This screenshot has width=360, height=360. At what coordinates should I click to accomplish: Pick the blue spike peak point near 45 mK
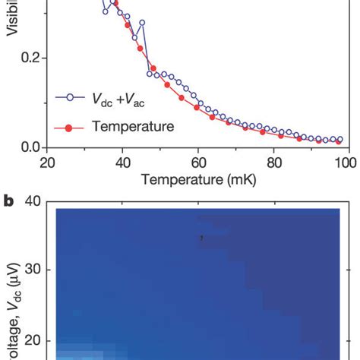tap(142, 23)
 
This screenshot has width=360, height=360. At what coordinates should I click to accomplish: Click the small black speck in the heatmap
tap(201, 237)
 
